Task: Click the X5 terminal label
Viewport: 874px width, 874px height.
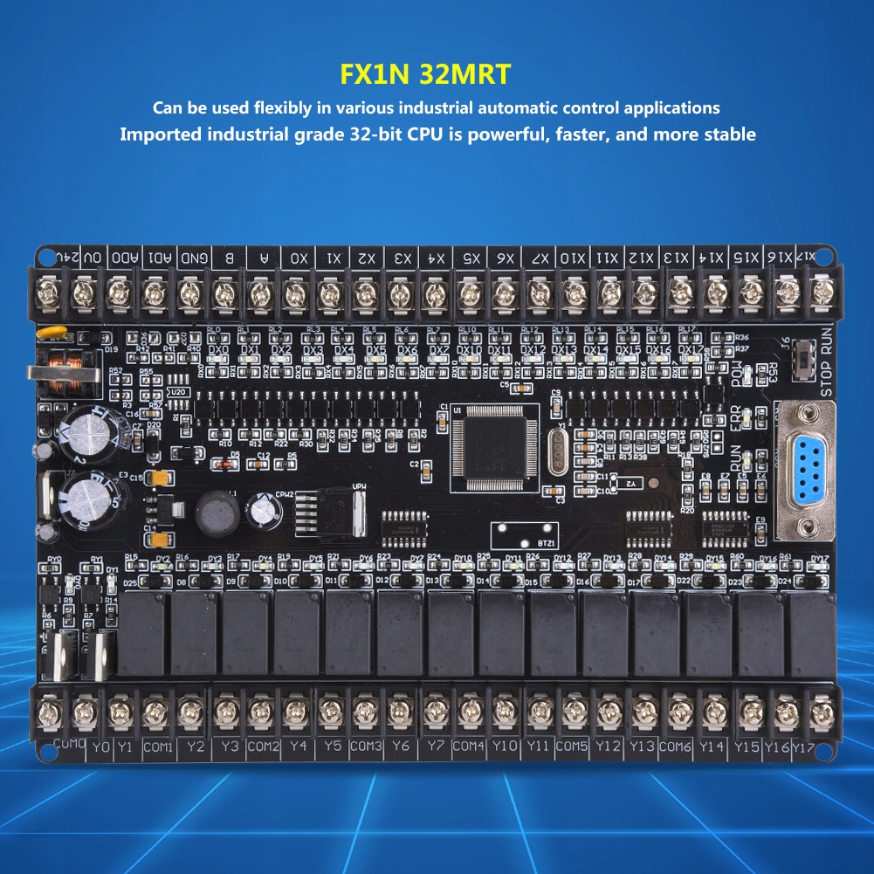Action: pos(471,258)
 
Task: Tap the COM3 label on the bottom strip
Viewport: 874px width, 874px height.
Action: pos(366,747)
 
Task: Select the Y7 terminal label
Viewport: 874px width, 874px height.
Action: pos(434,747)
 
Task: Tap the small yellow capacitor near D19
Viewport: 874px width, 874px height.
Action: pos(43,334)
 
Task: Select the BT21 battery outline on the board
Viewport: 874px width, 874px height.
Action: pos(524,533)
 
